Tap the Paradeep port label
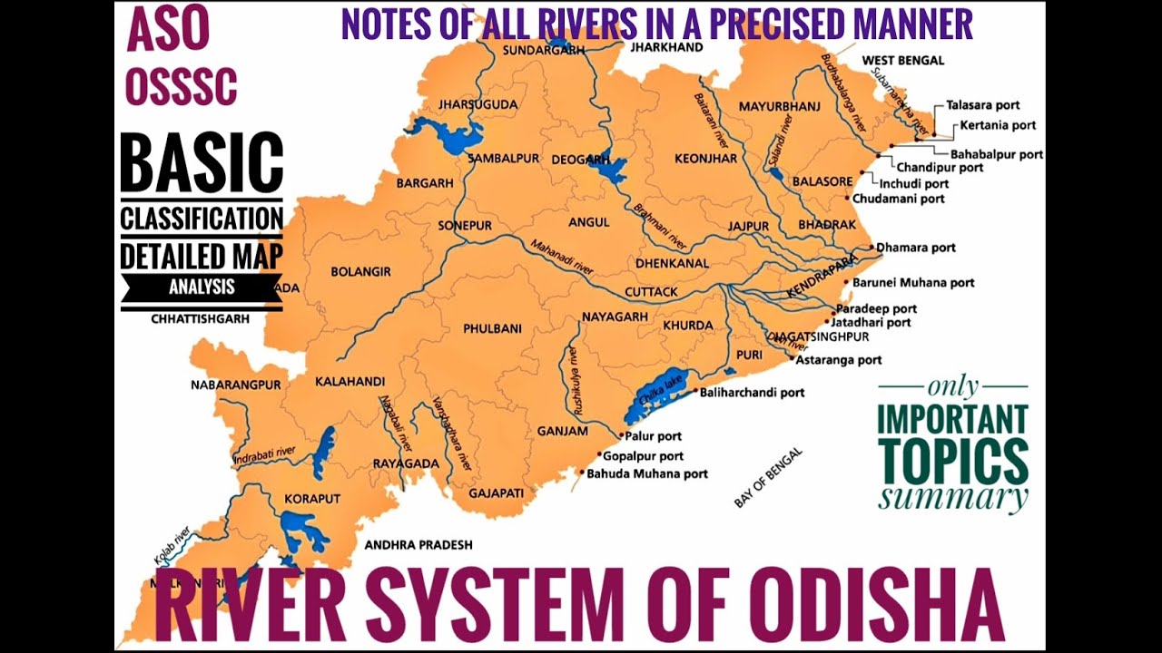click(x=876, y=308)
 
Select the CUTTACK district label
click(x=651, y=292)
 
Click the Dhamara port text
click(x=916, y=248)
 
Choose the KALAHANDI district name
click(x=350, y=382)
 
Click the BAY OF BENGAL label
click(x=768, y=477)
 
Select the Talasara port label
click(x=983, y=105)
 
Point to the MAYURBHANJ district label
click(x=779, y=107)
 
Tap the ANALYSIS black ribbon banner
click(x=202, y=288)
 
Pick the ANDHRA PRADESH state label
click(x=419, y=545)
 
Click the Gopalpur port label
click(x=643, y=456)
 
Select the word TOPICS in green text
click(x=953, y=462)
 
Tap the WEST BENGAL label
click(x=902, y=61)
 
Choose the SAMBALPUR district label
click(x=503, y=158)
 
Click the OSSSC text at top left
click(x=182, y=86)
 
